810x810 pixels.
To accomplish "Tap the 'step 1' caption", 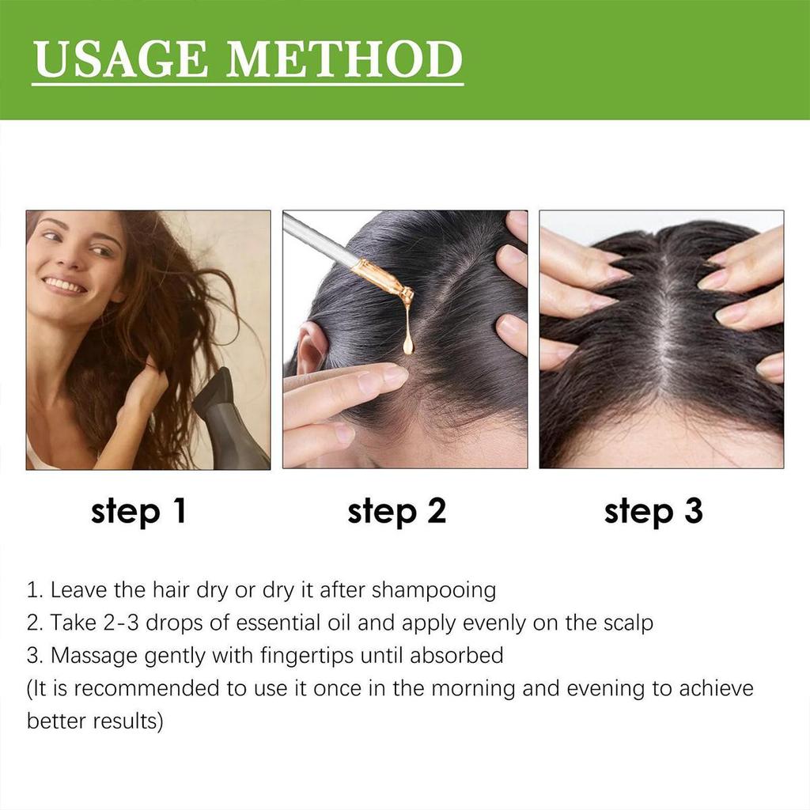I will point(139,512).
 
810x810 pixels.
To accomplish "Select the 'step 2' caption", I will point(397,512).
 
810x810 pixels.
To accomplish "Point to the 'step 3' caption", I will point(653,512).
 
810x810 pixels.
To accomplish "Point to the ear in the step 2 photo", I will point(311,348).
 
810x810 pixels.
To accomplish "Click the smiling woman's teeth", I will point(62,284).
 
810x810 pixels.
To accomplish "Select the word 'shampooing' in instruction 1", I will point(433,590).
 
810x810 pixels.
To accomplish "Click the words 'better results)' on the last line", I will point(95,721).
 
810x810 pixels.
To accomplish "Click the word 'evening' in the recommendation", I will point(605,687).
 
